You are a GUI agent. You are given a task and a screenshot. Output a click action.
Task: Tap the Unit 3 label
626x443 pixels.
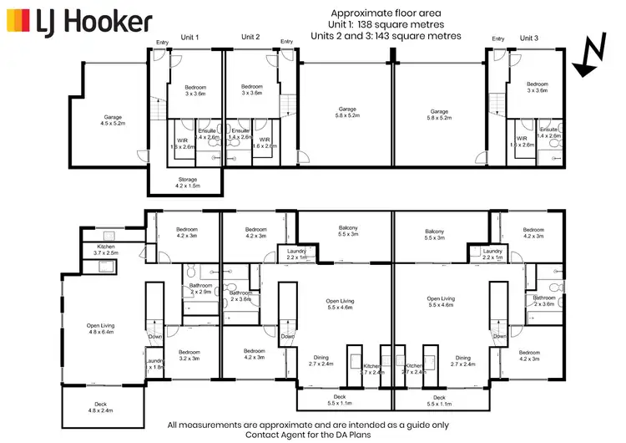(530, 38)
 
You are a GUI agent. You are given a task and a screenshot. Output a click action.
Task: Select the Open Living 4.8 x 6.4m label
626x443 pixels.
(101, 328)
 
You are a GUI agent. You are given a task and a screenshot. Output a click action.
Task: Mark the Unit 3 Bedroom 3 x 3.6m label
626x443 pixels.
(537, 87)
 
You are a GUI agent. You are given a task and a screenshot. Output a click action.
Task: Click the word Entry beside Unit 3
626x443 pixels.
(498, 38)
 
